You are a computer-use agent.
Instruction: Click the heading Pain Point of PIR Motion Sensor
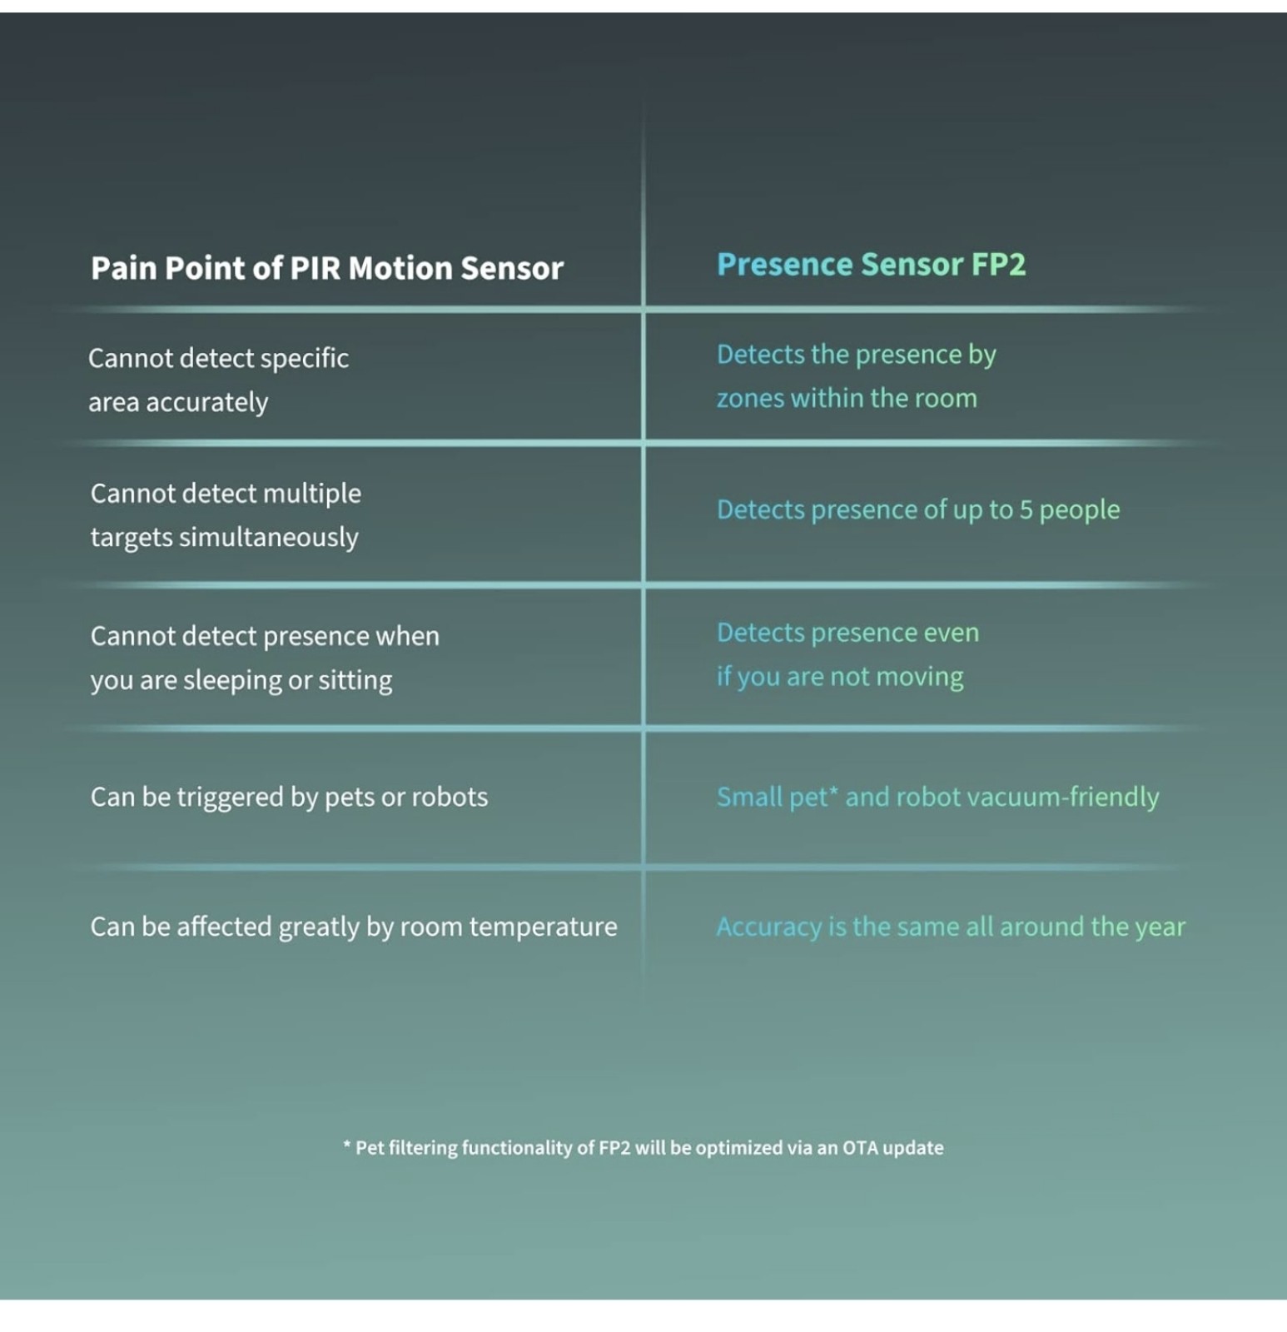327,268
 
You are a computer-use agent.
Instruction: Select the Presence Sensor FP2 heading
871,264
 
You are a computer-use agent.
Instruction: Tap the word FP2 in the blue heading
998,264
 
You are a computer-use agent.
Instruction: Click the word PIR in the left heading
315,268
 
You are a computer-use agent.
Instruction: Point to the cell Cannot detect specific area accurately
218,380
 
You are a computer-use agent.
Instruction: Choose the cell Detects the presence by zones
857,376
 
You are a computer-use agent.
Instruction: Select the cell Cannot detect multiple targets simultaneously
226,515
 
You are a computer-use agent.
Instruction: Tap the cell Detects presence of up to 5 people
918,509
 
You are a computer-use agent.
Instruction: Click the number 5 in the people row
1026,509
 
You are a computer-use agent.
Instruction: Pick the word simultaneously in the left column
269,538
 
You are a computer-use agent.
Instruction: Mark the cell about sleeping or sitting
265,658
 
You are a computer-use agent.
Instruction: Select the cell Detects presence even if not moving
847,654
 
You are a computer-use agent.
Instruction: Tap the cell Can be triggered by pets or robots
289,798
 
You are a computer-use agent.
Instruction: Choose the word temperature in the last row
544,927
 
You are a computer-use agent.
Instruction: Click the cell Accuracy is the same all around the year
951,927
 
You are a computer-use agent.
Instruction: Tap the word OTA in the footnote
860,1148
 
